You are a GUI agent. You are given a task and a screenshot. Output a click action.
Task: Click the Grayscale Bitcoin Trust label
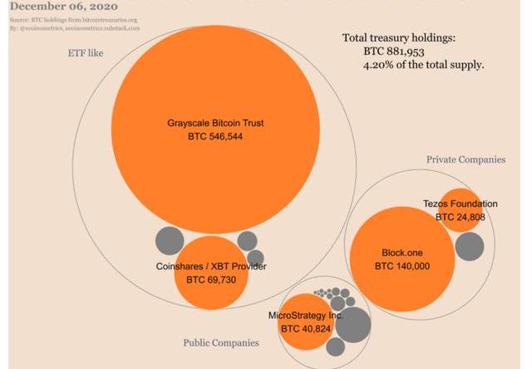click(215, 123)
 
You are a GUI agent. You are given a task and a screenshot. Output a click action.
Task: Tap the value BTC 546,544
click(215, 136)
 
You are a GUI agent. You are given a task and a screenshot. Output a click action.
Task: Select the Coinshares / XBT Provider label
click(211, 267)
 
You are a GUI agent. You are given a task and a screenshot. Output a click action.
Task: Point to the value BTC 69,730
click(211, 280)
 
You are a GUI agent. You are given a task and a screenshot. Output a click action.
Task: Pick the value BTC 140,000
click(401, 266)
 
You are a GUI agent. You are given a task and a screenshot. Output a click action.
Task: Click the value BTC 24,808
click(461, 217)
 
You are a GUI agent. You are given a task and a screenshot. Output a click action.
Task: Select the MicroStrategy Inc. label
click(306, 316)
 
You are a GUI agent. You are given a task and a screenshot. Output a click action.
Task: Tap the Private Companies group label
click(465, 159)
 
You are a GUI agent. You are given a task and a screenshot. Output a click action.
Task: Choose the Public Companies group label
click(220, 342)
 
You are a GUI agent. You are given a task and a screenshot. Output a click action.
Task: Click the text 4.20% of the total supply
click(423, 65)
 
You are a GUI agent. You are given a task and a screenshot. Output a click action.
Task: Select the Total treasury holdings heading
click(398, 38)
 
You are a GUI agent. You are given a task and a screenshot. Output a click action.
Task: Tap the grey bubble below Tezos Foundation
click(469, 246)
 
